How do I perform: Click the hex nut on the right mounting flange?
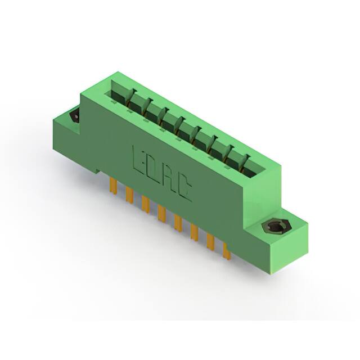[274, 227]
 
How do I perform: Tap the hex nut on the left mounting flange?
[74, 115]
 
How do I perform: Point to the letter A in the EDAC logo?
[168, 179]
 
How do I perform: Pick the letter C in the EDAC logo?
[183, 190]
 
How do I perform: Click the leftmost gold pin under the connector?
[113, 185]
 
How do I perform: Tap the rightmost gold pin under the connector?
[227, 251]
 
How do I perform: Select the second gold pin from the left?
[129, 195]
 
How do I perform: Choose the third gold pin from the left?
[146, 204]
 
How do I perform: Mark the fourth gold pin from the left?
[162, 213]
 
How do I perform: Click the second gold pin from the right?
[211, 242]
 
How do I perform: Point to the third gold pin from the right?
[195, 232]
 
